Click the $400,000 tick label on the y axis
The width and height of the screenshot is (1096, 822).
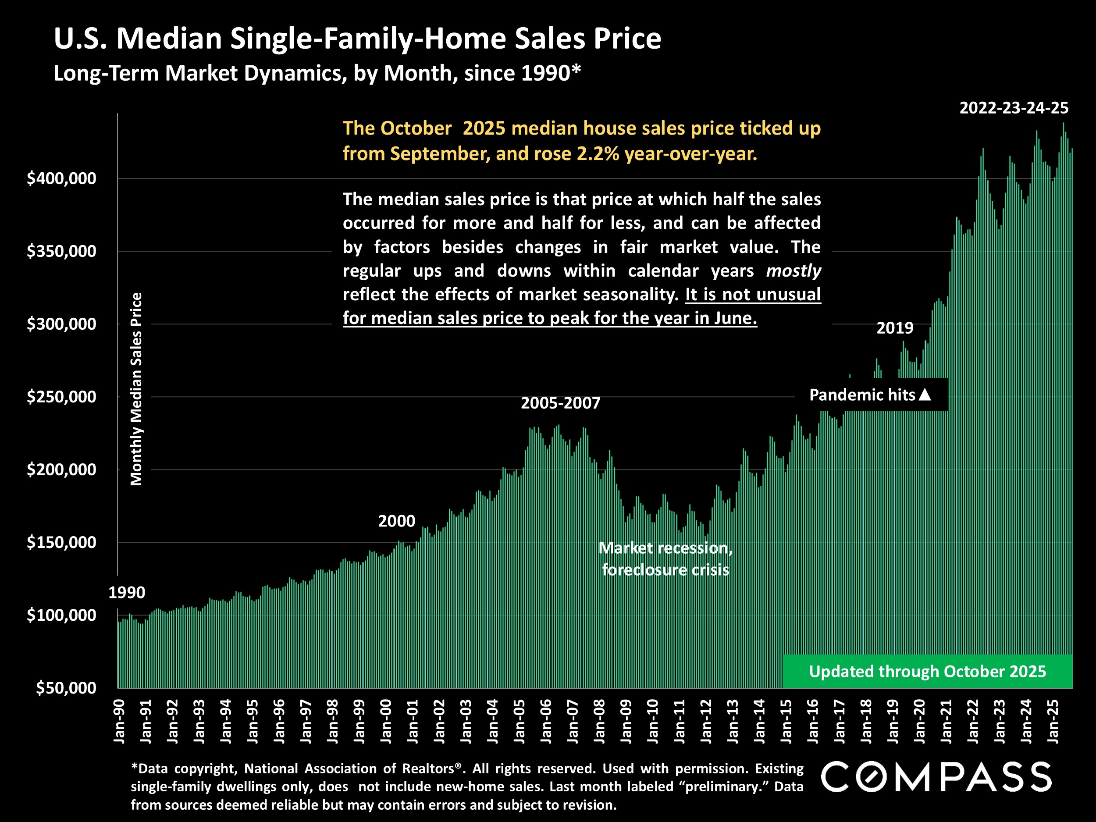[61, 178]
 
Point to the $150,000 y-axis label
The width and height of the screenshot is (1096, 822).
[61, 543]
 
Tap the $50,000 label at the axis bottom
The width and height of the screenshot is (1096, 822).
[66, 688]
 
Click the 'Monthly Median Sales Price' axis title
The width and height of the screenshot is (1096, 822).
[136, 389]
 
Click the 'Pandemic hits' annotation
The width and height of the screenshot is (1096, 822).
[862, 395]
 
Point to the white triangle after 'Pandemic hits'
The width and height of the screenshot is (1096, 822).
[925, 395]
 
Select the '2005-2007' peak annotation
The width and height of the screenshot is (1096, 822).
[560, 403]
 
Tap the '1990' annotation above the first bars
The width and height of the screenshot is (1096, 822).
[127, 593]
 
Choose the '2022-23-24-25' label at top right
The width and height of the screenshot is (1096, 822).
[1014, 108]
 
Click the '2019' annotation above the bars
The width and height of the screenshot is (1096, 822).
[895, 328]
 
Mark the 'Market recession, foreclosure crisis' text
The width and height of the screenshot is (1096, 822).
[665, 559]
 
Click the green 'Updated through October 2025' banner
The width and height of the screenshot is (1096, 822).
[927, 671]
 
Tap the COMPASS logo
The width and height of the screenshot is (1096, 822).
[936, 777]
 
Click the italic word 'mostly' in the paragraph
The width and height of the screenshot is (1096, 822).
[793, 271]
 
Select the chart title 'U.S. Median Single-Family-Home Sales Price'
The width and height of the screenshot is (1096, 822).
[357, 39]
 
